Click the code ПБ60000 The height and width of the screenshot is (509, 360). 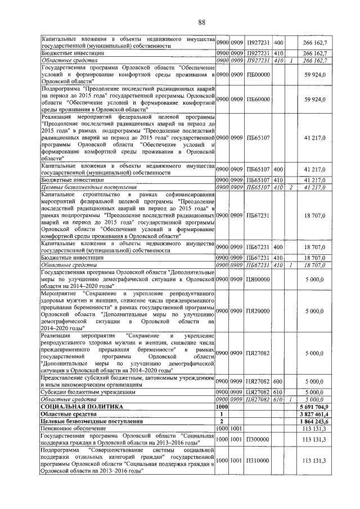pyautogui.click(x=259, y=99)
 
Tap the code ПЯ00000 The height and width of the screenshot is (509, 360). pyautogui.click(x=259, y=279)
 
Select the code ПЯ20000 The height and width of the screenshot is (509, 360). pyautogui.click(x=259, y=311)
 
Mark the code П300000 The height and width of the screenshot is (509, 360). pyautogui.click(x=258, y=440)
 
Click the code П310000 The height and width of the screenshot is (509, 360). pyautogui.click(x=258, y=461)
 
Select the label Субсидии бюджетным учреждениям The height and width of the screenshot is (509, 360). pyautogui.click(x=81, y=392)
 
